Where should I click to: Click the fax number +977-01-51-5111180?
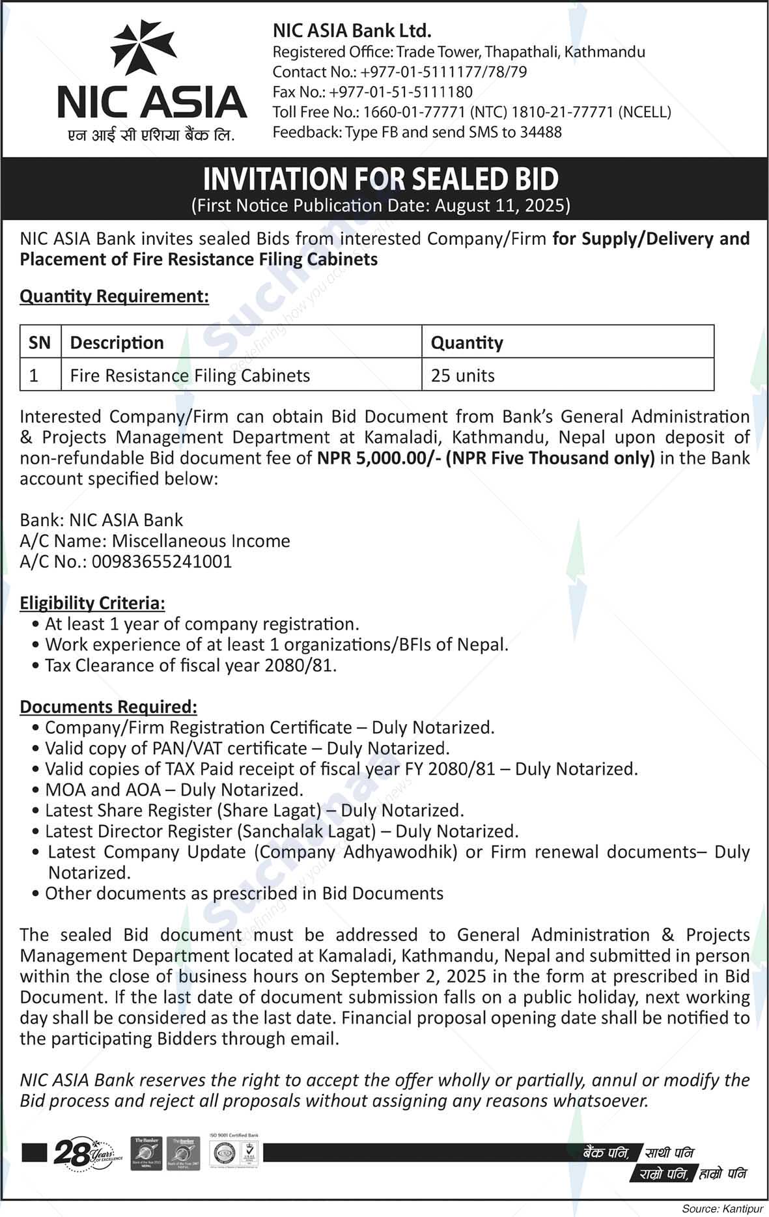[400, 92]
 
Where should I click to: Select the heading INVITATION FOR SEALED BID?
[381, 178]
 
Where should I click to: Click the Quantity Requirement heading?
[114, 296]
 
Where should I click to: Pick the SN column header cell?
[40, 343]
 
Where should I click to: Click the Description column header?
[117, 343]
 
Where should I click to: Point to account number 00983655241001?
[161, 562]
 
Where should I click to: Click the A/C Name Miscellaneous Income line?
[155, 541]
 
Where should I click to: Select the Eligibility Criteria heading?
[92, 603]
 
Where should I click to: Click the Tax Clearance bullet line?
[190, 665]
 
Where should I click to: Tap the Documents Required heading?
[108, 706]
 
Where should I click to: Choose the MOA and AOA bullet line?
[174, 790]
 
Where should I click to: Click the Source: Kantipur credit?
[721, 1209]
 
